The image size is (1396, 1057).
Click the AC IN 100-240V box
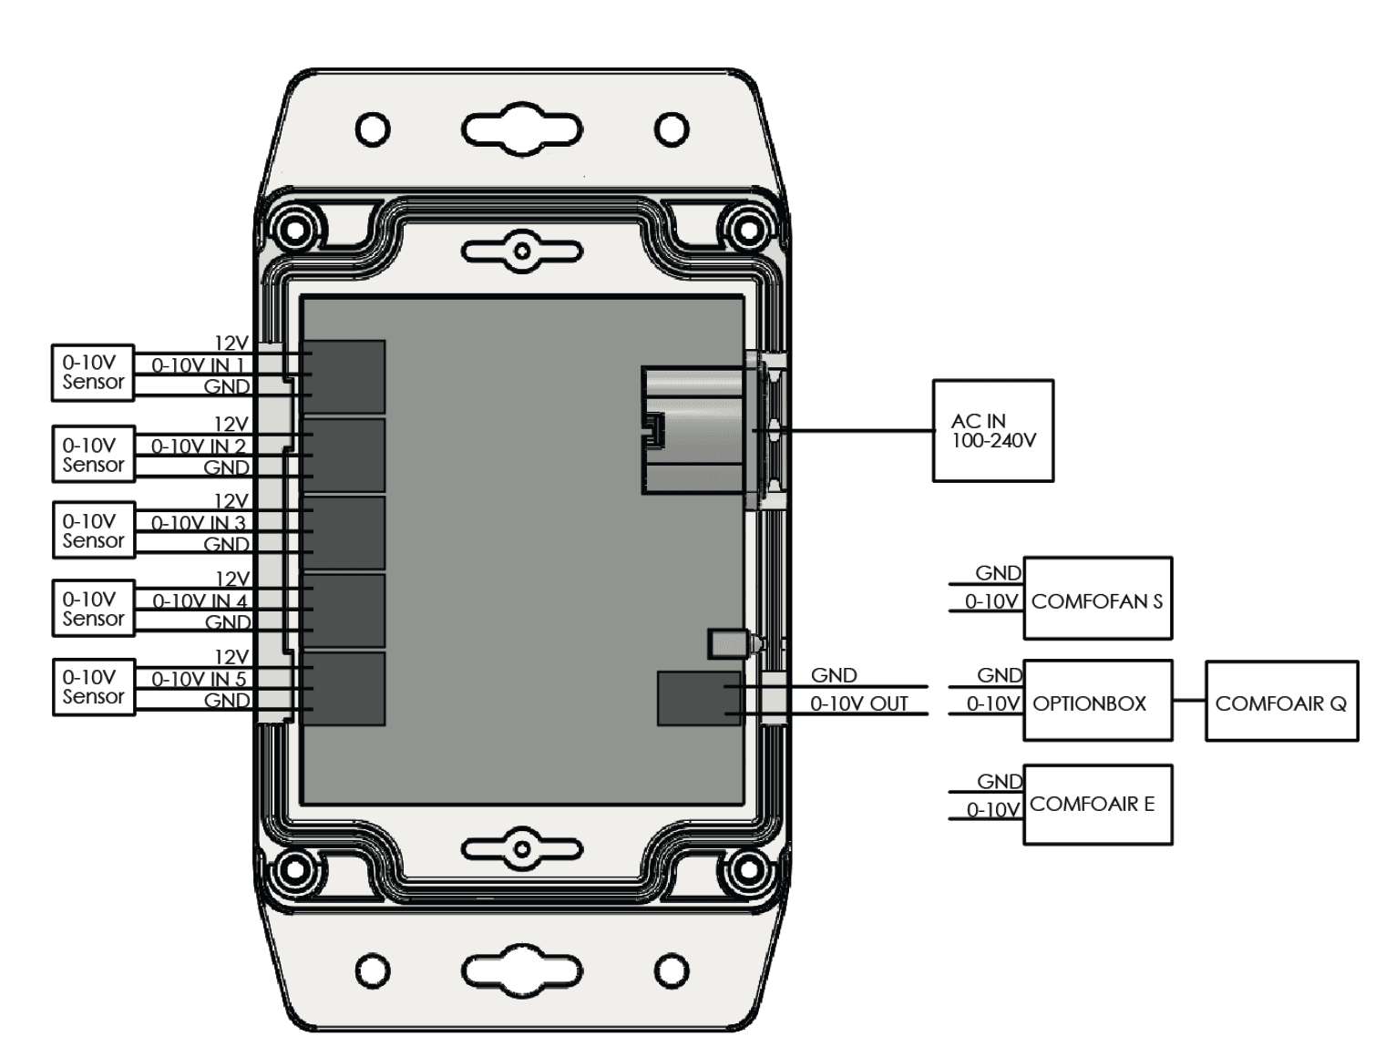click(992, 430)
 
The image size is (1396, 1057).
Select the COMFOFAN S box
click(1097, 599)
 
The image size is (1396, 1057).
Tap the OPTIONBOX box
click(1097, 701)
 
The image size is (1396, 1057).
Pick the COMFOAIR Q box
click(1281, 701)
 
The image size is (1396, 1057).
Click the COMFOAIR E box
click(1097, 805)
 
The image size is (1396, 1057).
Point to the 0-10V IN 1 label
click(198, 365)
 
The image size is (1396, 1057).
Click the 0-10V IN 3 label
click(198, 523)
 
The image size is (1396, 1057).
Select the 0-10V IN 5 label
click(198, 679)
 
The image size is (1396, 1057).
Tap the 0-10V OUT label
click(858, 703)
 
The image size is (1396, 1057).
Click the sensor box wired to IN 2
click(93, 454)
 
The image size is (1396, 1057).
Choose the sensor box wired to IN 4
click(93, 608)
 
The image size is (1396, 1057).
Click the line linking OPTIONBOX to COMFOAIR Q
click(1188, 701)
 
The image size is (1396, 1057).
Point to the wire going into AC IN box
click(857, 430)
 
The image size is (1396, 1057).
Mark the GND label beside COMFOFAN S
click(998, 573)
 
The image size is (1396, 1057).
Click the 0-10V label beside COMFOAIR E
click(992, 809)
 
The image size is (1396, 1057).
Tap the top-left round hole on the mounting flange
click(373, 128)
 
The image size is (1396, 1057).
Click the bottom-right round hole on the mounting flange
click(672, 970)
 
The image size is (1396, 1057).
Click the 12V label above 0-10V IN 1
click(231, 344)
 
